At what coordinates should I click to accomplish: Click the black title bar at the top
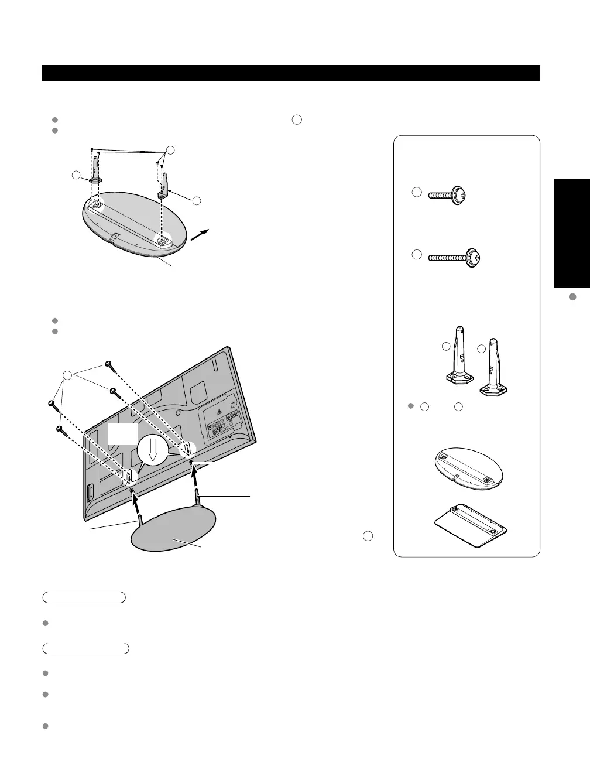tap(291, 73)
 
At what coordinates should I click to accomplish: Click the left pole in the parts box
tap(458, 363)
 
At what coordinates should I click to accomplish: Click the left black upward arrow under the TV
tap(136, 502)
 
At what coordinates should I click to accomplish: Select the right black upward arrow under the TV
tap(195, 478)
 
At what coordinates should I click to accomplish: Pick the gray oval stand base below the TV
tap(173, 530)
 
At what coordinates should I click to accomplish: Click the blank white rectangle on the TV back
tap(122, 435)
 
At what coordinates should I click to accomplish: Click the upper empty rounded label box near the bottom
tap(84, 597)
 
